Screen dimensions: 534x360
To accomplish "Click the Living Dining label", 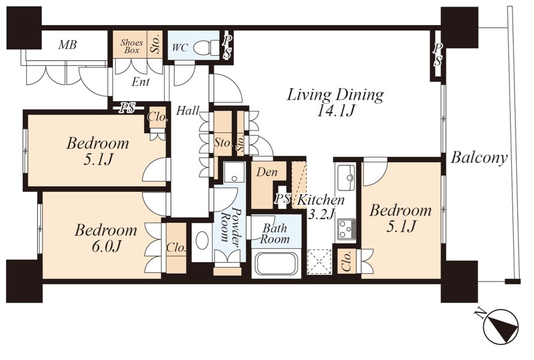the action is point(335,95).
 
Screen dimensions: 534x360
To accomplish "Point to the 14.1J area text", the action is point(336,110).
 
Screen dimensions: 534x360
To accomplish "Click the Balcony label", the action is point(479,158).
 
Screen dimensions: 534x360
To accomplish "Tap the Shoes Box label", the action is point(132,46).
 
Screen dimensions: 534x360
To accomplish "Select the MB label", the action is point(67,45).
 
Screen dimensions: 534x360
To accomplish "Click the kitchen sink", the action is point(347,176).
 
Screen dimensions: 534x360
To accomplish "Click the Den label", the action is point(266,172).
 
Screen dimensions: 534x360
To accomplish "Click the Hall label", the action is point(187,110).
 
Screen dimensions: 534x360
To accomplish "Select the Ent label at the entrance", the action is point(141,82).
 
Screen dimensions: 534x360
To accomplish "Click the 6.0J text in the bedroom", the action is point(107,246).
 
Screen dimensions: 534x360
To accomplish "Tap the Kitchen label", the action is point(320,200).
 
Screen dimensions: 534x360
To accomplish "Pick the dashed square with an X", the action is point(319,262).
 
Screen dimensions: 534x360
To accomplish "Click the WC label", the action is point(180,47).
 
